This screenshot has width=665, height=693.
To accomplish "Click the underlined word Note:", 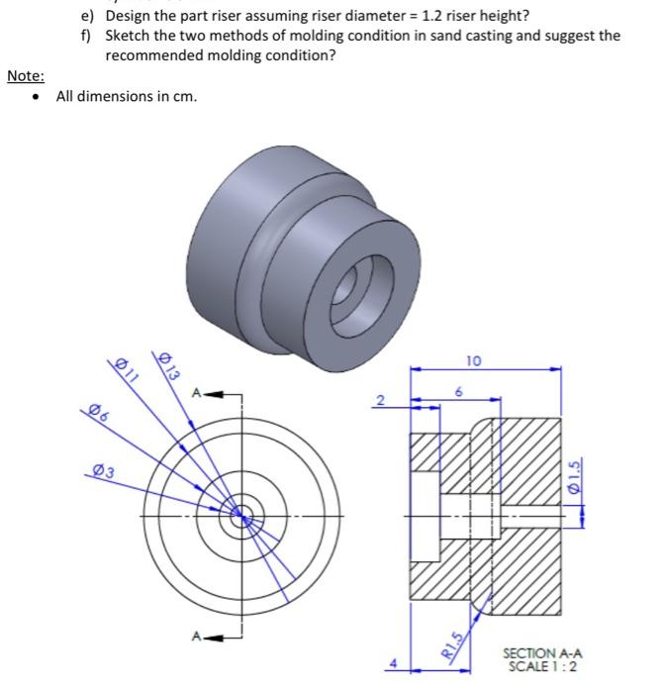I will pos(25,76).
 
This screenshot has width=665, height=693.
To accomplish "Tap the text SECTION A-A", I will pos(542,652).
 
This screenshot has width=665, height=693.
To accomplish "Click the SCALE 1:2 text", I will pos(542,666).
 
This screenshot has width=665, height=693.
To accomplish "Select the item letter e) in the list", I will pos(87,16).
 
